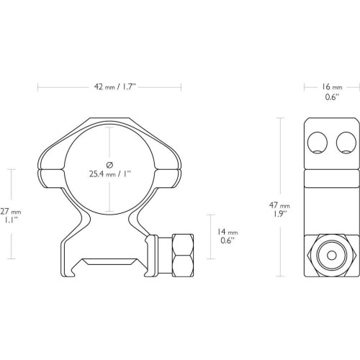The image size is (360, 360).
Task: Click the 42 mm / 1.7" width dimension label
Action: coord(114,86)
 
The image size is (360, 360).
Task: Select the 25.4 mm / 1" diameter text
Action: coord(109,174)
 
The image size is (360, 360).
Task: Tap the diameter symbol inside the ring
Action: coord(109,165)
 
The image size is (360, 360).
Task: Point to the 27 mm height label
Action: coord(11,212)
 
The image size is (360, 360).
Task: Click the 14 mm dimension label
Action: coord(228,232)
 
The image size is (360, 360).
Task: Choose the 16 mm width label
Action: coord(332,86)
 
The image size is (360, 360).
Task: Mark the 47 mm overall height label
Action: coord(279,205)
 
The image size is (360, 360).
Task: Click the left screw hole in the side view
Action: coord(318,143)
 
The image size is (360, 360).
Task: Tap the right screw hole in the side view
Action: coord(346,143)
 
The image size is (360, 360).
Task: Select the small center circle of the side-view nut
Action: coord(332,256)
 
